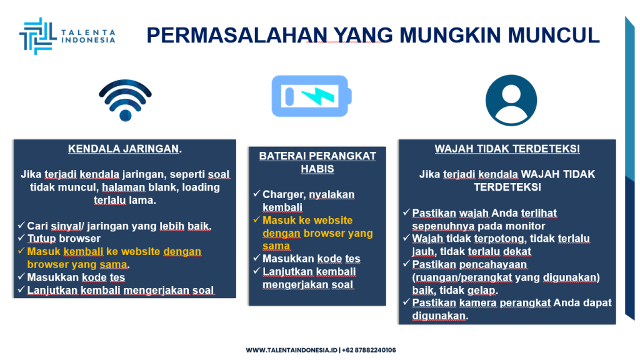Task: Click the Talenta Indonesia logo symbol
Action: point(37,36)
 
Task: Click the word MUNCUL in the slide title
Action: point(554,35)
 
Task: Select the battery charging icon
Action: point(311,96)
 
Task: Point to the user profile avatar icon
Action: point(511,101)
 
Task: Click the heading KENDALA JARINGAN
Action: point(125,149)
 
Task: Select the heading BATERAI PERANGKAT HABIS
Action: point(317,162)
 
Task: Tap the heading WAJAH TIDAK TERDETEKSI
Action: point(507,149)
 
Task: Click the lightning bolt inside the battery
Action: point(318,96)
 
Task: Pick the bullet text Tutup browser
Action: point(64,238)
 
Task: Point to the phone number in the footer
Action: point(369,350)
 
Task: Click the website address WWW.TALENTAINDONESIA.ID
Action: point(291,350)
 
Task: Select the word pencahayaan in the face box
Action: point(493,264)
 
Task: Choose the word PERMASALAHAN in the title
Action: point(237,35)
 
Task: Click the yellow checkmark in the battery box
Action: point(257,219)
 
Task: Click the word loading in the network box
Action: point(201,187)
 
